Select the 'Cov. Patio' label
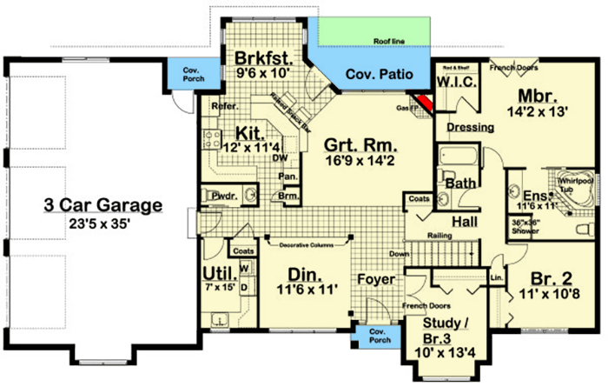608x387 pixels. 373,75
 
